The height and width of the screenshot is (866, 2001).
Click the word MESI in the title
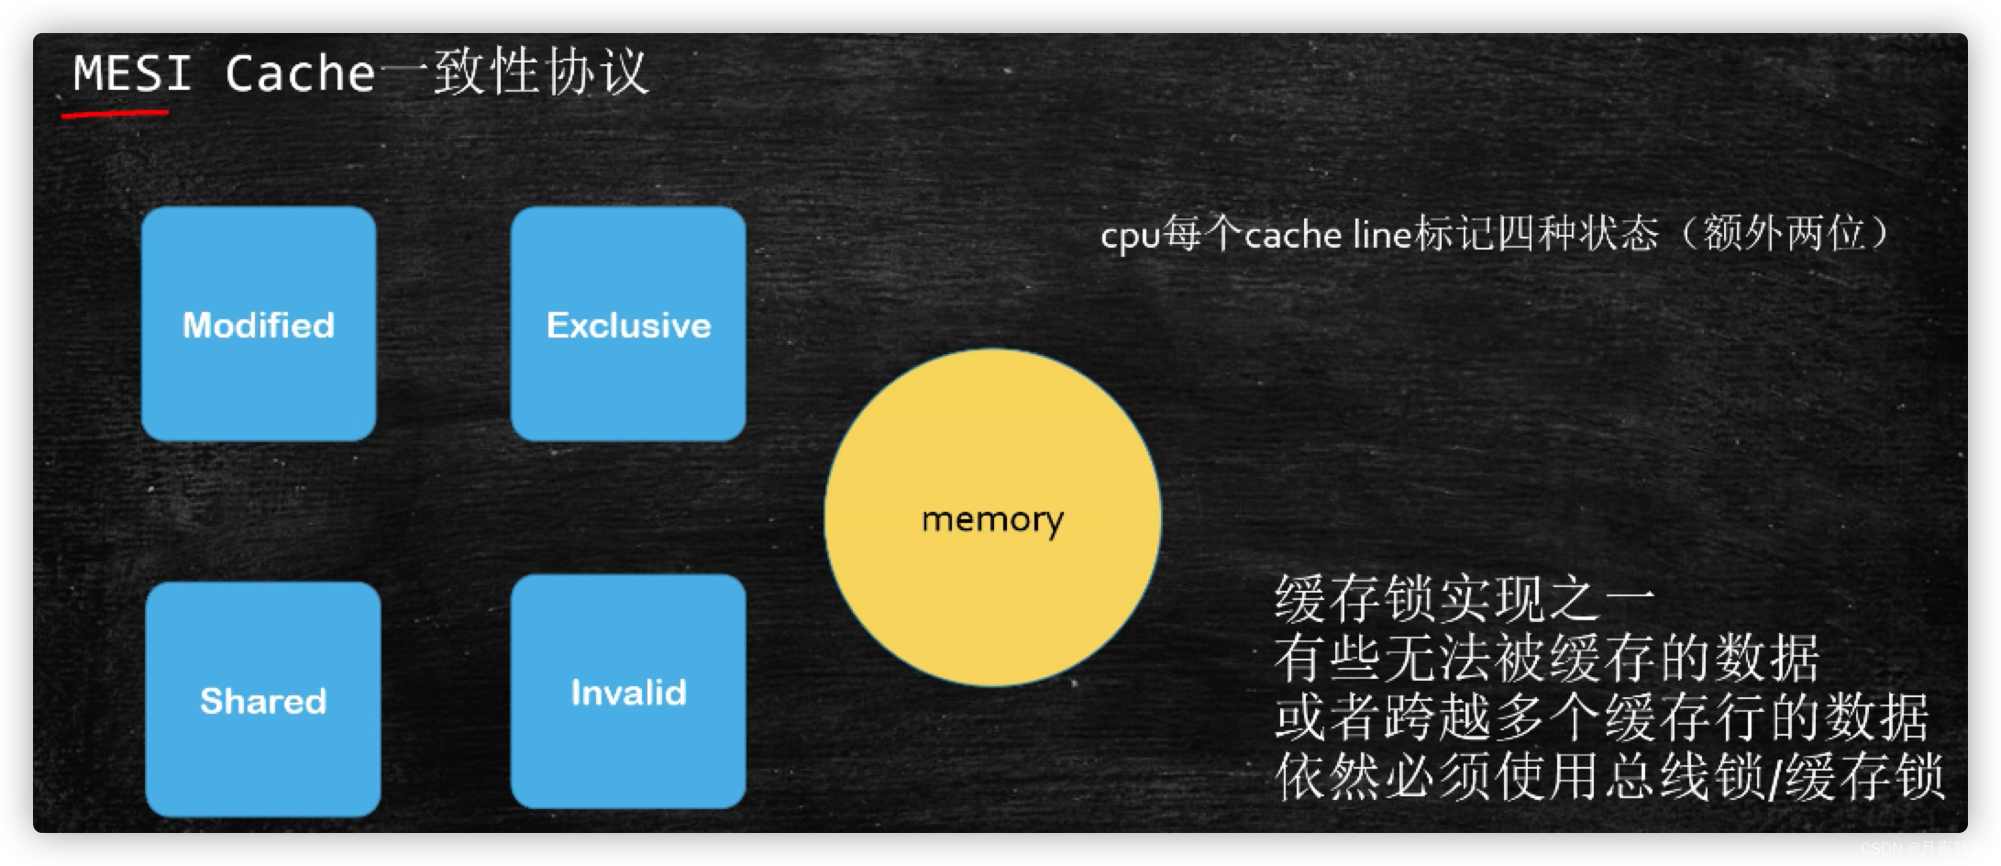pyautogui.click(x=132, y=72)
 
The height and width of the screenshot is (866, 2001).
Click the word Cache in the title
pyautogui.click(x=300, y=72)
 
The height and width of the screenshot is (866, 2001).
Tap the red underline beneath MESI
pyautogui.click(x=115, y=114)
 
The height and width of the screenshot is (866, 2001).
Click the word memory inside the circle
pyautogui.click(x=992, y=519)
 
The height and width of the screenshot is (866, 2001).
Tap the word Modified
pyautogui.click(x=259, y=326)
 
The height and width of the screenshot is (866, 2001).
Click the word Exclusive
pyautogui.click(x=628, y=326)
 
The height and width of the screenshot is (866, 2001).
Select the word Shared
pyautogui.click(x=263, y=702)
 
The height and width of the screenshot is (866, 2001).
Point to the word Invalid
pyautogui.click(x=628, y=693)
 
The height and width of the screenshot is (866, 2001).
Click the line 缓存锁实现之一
pyautogui.click(x=1465, y=599)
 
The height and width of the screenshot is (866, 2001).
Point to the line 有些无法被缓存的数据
pyautogui.click(x=1546, y=658)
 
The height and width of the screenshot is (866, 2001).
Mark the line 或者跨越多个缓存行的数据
pyautogui.click(x=1601, y=716)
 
